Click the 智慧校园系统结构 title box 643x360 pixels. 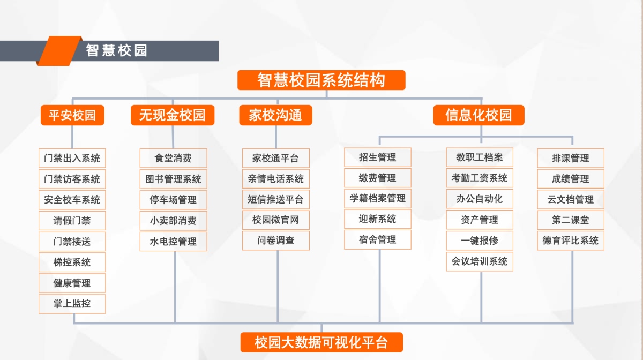coord(321,80)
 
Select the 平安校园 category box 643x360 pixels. coord(72,115)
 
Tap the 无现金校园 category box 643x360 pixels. coord(173,115)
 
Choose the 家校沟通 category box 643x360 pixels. coord(275,115)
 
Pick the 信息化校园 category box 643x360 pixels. coord(478,115)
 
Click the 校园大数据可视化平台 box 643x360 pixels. coord(321,342)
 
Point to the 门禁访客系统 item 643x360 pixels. coord(72,179)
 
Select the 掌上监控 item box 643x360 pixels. coord(72,304)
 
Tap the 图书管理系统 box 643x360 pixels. coord(173,179)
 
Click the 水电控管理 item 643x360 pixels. coord(173,242)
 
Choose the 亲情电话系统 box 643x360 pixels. coord(276,179)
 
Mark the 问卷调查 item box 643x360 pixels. coord(276,241)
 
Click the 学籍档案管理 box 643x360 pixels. coord(378,199)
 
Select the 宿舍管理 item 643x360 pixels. coord(378,240)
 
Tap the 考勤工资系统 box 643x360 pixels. coord(480,178)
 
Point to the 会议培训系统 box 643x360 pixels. coord(480,261)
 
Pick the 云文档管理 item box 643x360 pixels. coord(571,199)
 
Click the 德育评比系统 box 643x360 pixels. coord(571,241)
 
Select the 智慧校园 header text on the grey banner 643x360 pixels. coord(117,51)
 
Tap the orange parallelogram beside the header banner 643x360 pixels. coord(58,51)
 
